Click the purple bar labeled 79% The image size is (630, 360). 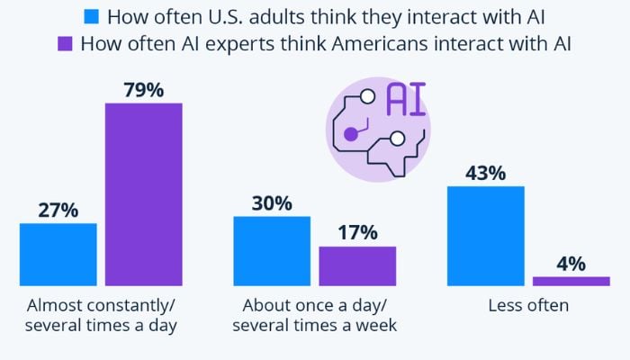143,194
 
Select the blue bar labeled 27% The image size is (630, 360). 58,255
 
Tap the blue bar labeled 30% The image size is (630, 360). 272,251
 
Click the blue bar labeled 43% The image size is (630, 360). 486,236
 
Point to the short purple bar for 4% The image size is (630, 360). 571,281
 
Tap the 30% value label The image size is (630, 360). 272,202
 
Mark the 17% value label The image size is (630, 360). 357,232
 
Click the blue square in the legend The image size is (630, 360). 91,17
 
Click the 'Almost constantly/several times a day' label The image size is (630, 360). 101,315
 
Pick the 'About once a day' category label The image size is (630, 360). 314,305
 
